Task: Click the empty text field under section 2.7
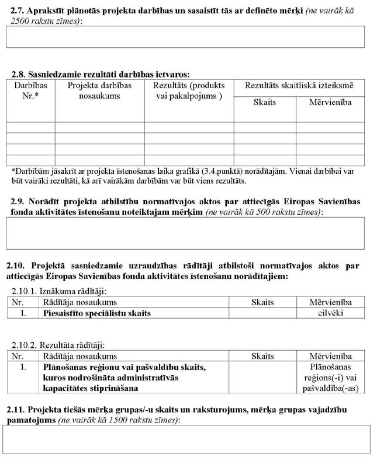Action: click(185, 37)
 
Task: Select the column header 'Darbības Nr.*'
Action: click(30, 90)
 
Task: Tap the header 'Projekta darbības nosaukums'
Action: click(99, 90)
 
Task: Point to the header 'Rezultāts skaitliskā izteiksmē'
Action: click(299, 86)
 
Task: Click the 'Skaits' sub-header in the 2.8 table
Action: click(264, 103)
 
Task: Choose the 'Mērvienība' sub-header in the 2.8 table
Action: click(330, 103)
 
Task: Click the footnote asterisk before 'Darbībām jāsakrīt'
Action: click(13, 172)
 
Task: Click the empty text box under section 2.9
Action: click(185, 233)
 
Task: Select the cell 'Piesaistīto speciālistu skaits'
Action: click(97, 313)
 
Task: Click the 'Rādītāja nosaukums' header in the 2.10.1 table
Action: click(80, 302)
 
